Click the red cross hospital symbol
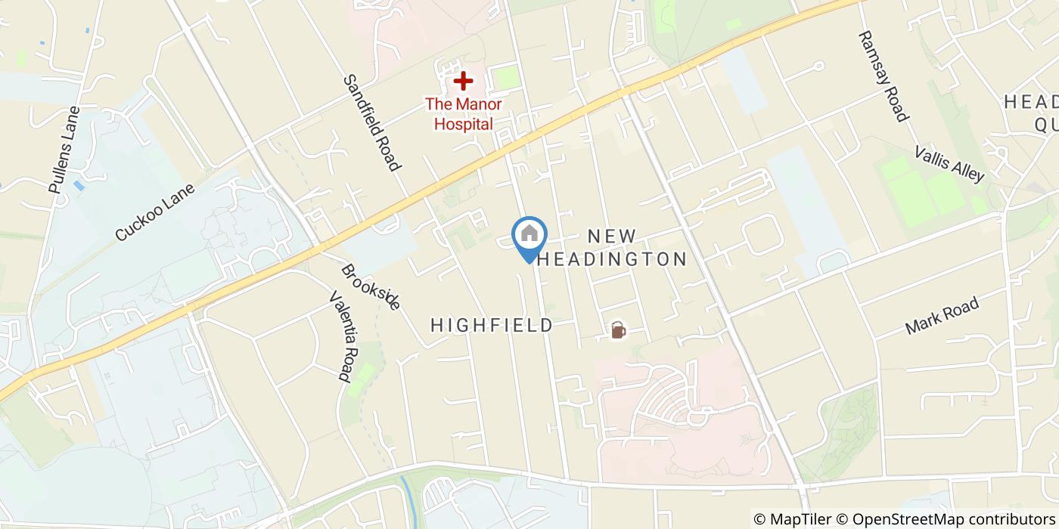point(463,80)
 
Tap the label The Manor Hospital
point(463,114)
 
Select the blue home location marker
point(529,234)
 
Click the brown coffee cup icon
point(618,330)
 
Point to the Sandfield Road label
point(371,122)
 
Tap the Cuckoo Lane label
point(155,212)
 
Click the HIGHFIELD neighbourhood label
point(492,326)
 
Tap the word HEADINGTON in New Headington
point(611,259)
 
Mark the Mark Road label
point(943,317)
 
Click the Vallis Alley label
point(949,164)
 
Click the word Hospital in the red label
point(463,124)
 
